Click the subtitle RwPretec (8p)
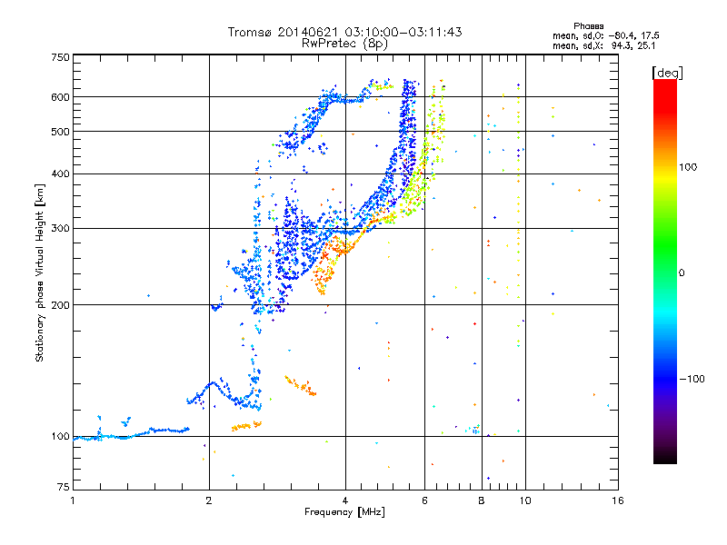344,43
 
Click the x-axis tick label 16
617,500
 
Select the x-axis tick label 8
482,500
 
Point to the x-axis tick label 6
425,500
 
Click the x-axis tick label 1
73,500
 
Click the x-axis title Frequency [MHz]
344,512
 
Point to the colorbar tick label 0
684,272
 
